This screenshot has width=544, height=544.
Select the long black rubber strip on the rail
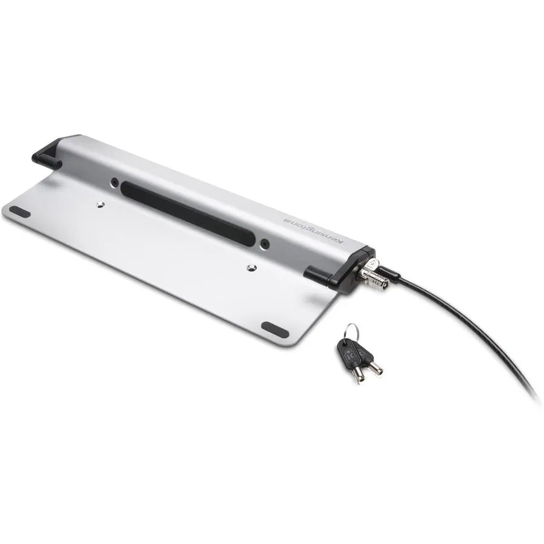[187, 213]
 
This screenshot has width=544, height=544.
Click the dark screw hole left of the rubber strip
[114, 181]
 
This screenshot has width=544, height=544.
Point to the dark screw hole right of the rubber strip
[265, 244]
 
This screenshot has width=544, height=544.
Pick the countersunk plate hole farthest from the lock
[100, 205]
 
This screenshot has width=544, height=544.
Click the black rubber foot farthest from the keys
[20, 212]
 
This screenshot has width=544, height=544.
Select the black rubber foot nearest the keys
[274, 330]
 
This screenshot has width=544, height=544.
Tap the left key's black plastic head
[347, 352]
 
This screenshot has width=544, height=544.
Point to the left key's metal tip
[359, 375]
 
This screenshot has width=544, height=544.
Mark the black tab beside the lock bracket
[317, 275]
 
